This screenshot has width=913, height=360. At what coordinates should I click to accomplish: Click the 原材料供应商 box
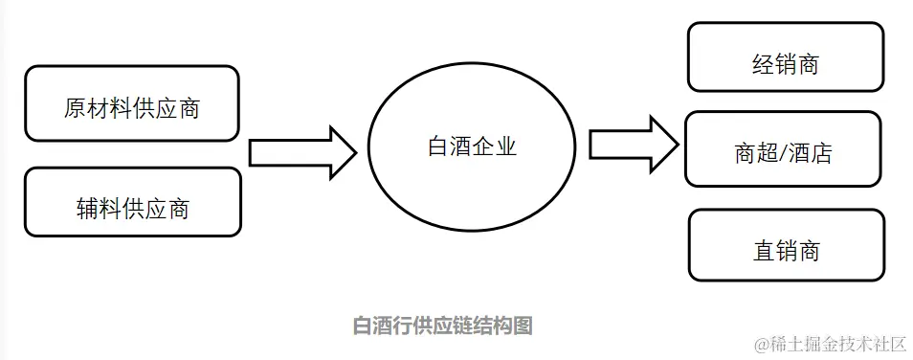132,103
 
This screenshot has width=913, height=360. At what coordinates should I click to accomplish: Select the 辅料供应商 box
132,202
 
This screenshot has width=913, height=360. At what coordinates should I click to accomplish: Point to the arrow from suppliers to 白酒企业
302,152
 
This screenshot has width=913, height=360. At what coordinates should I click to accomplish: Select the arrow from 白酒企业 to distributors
633,145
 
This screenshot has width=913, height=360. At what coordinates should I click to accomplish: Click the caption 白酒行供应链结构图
442,326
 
